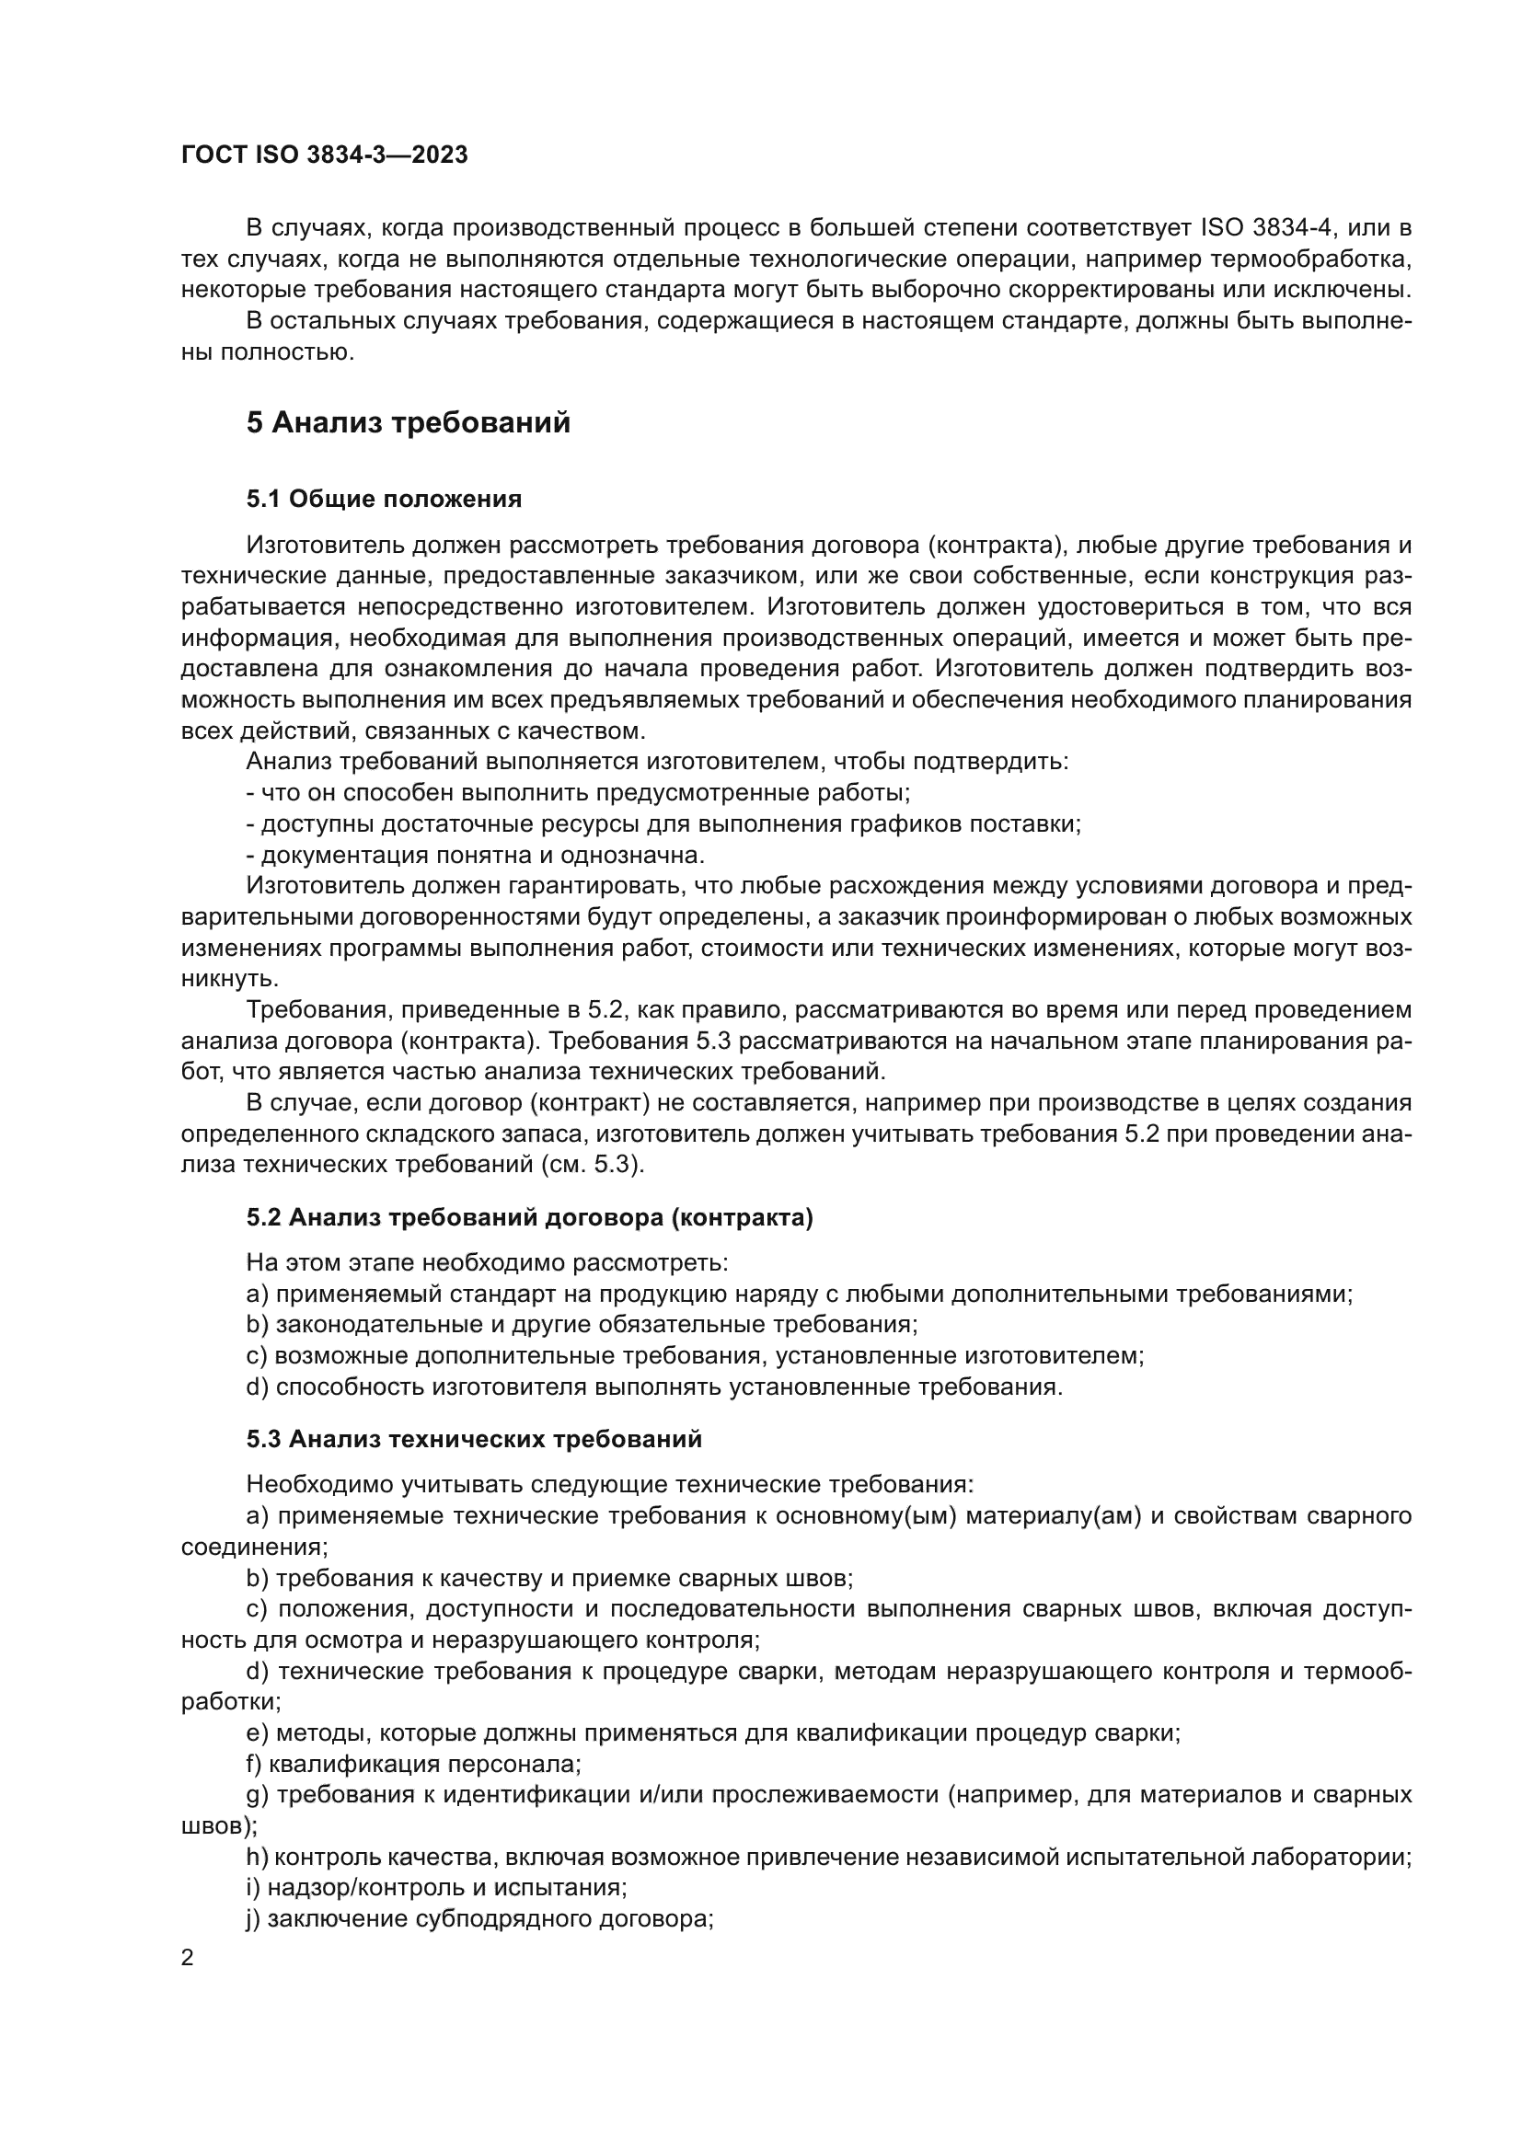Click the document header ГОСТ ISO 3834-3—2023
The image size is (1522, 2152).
tap(324, 155)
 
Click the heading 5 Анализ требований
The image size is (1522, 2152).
tap(408, 422)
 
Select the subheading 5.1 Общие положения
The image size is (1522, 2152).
tap(385, 499)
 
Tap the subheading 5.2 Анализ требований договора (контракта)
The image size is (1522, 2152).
tap(529, 1217)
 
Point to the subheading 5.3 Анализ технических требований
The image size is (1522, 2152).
tap(474, 1439)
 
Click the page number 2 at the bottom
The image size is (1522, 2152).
tap(188, 1958)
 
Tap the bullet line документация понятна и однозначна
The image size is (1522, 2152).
tap(475, 855)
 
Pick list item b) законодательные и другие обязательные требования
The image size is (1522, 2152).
tap(581, 1324)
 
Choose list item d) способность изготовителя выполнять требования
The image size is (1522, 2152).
tap(654, 1387)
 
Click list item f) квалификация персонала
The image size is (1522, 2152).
tap(413, 1764)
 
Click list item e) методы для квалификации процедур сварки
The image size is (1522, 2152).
tap(712, 1733)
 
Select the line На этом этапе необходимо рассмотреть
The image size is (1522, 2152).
tap(488, 1262)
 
